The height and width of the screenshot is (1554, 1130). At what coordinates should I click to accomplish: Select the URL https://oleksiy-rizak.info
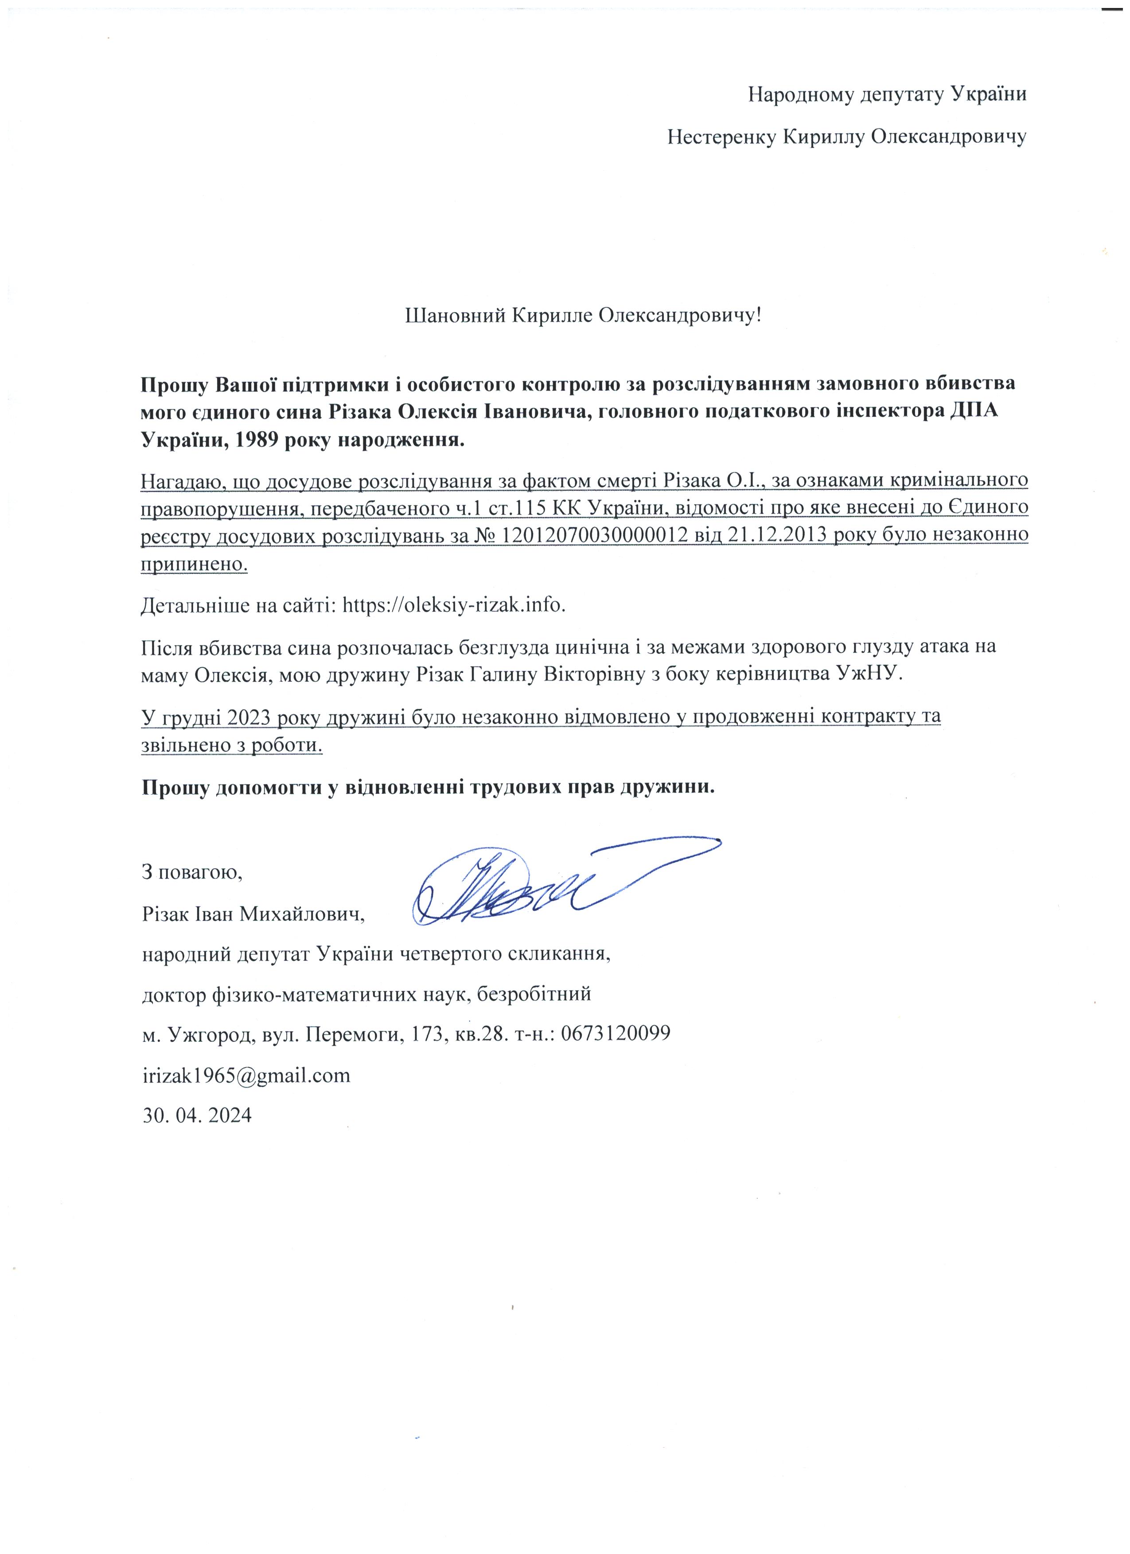pyautogui.click(x=454, y=605)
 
